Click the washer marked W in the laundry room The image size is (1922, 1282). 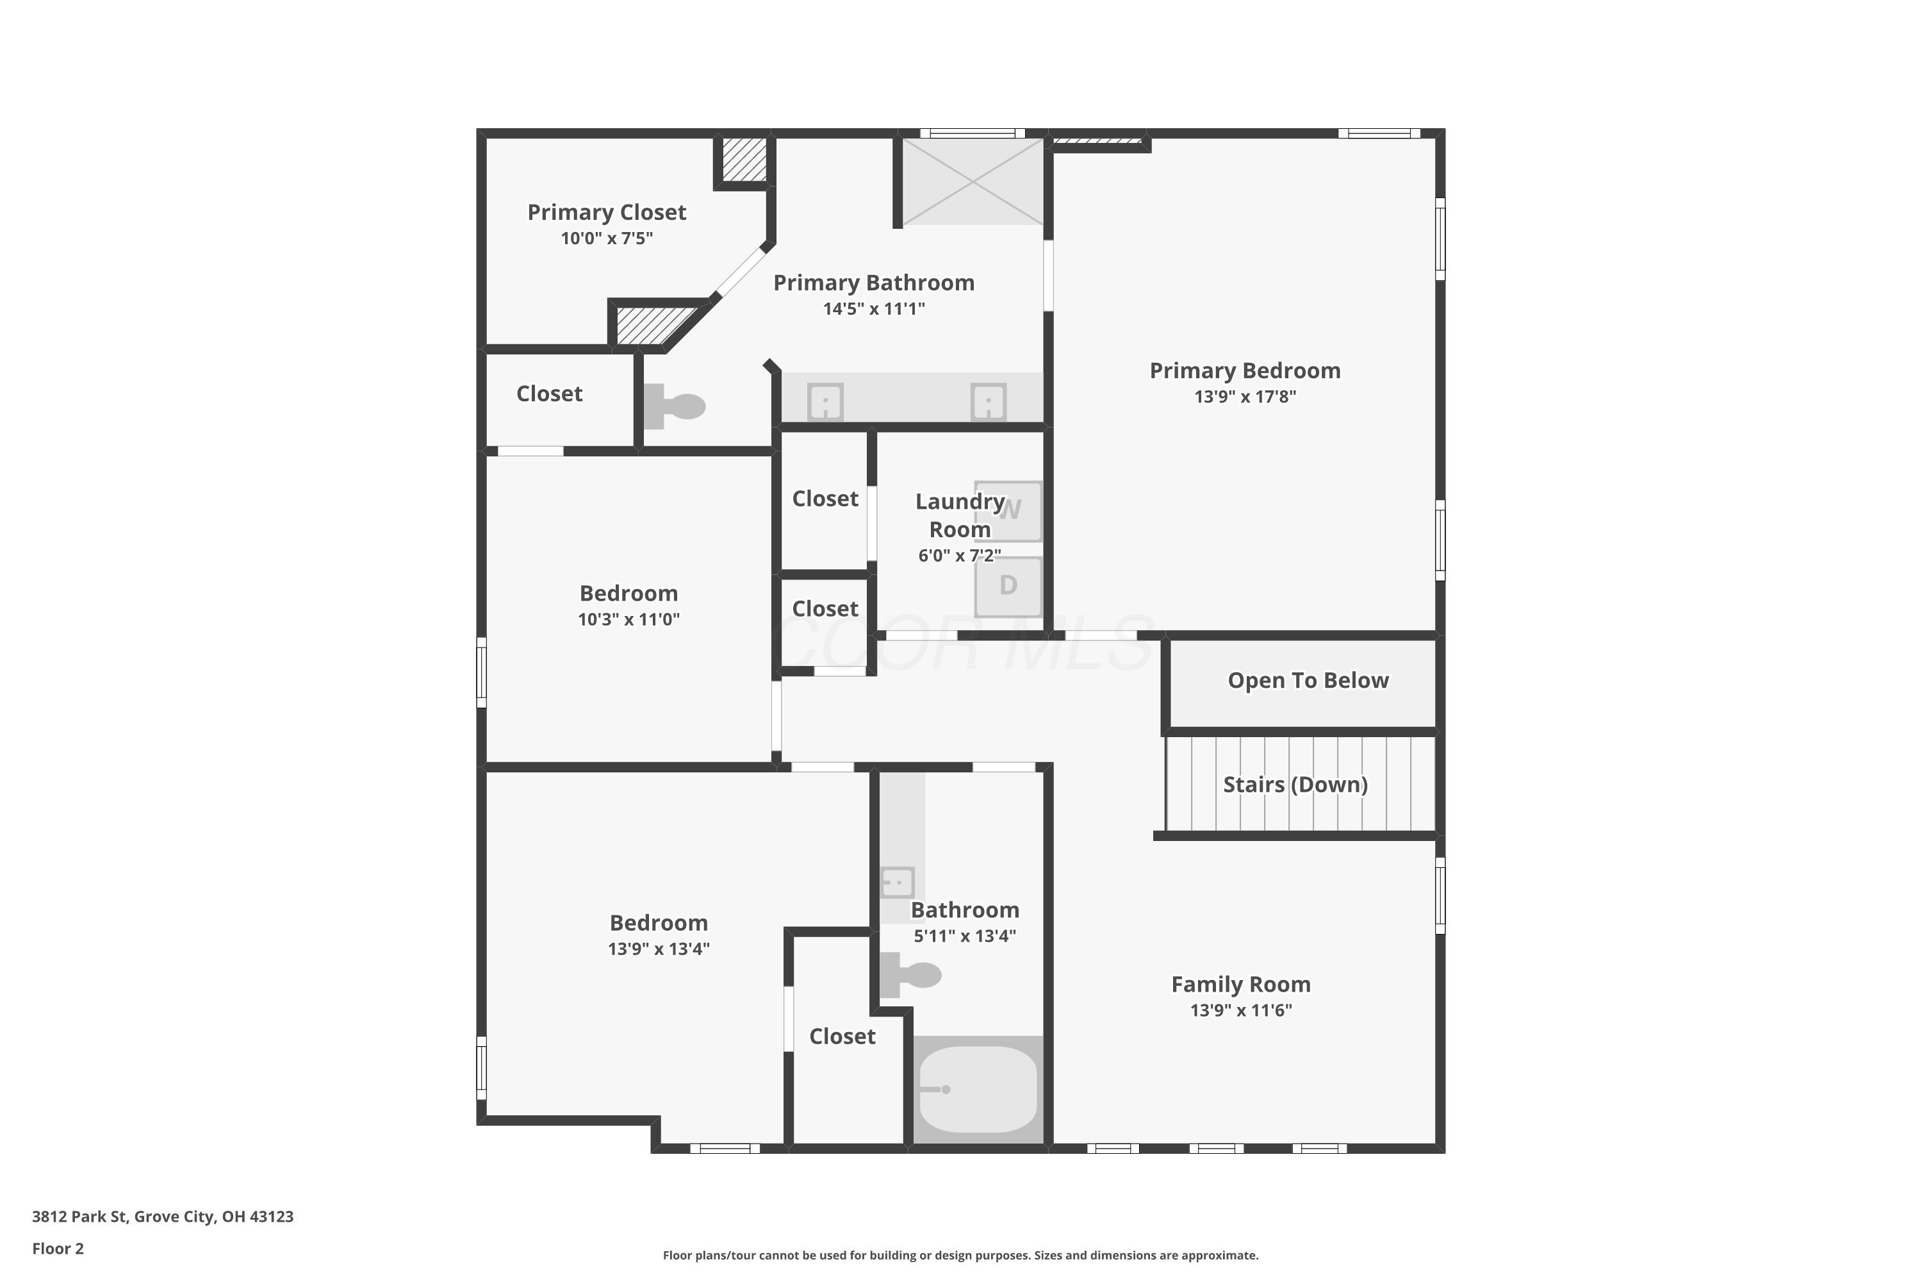click(1008, 511)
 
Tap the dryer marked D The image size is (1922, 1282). click(1008, 587)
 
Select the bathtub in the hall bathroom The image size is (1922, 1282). click(978, 1089)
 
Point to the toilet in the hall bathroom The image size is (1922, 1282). click(910, 974)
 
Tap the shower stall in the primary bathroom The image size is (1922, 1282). click(973, 181)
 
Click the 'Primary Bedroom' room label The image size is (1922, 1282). click(1245, 370)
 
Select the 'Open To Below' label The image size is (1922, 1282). click(1308, 680)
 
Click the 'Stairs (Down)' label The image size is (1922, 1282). click(1295, 784)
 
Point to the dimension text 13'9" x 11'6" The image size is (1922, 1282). click(1240, 1010)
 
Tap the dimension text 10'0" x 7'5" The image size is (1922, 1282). click(606, 238)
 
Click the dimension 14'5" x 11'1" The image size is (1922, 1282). click(874, 308)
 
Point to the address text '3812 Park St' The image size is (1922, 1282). click(79, 1216)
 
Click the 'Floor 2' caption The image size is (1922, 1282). click(58, 1249)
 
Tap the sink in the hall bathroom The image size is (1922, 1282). click(898, 883)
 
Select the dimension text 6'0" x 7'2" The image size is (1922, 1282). click(959, 555)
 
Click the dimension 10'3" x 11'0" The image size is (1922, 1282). click(628, 619)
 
